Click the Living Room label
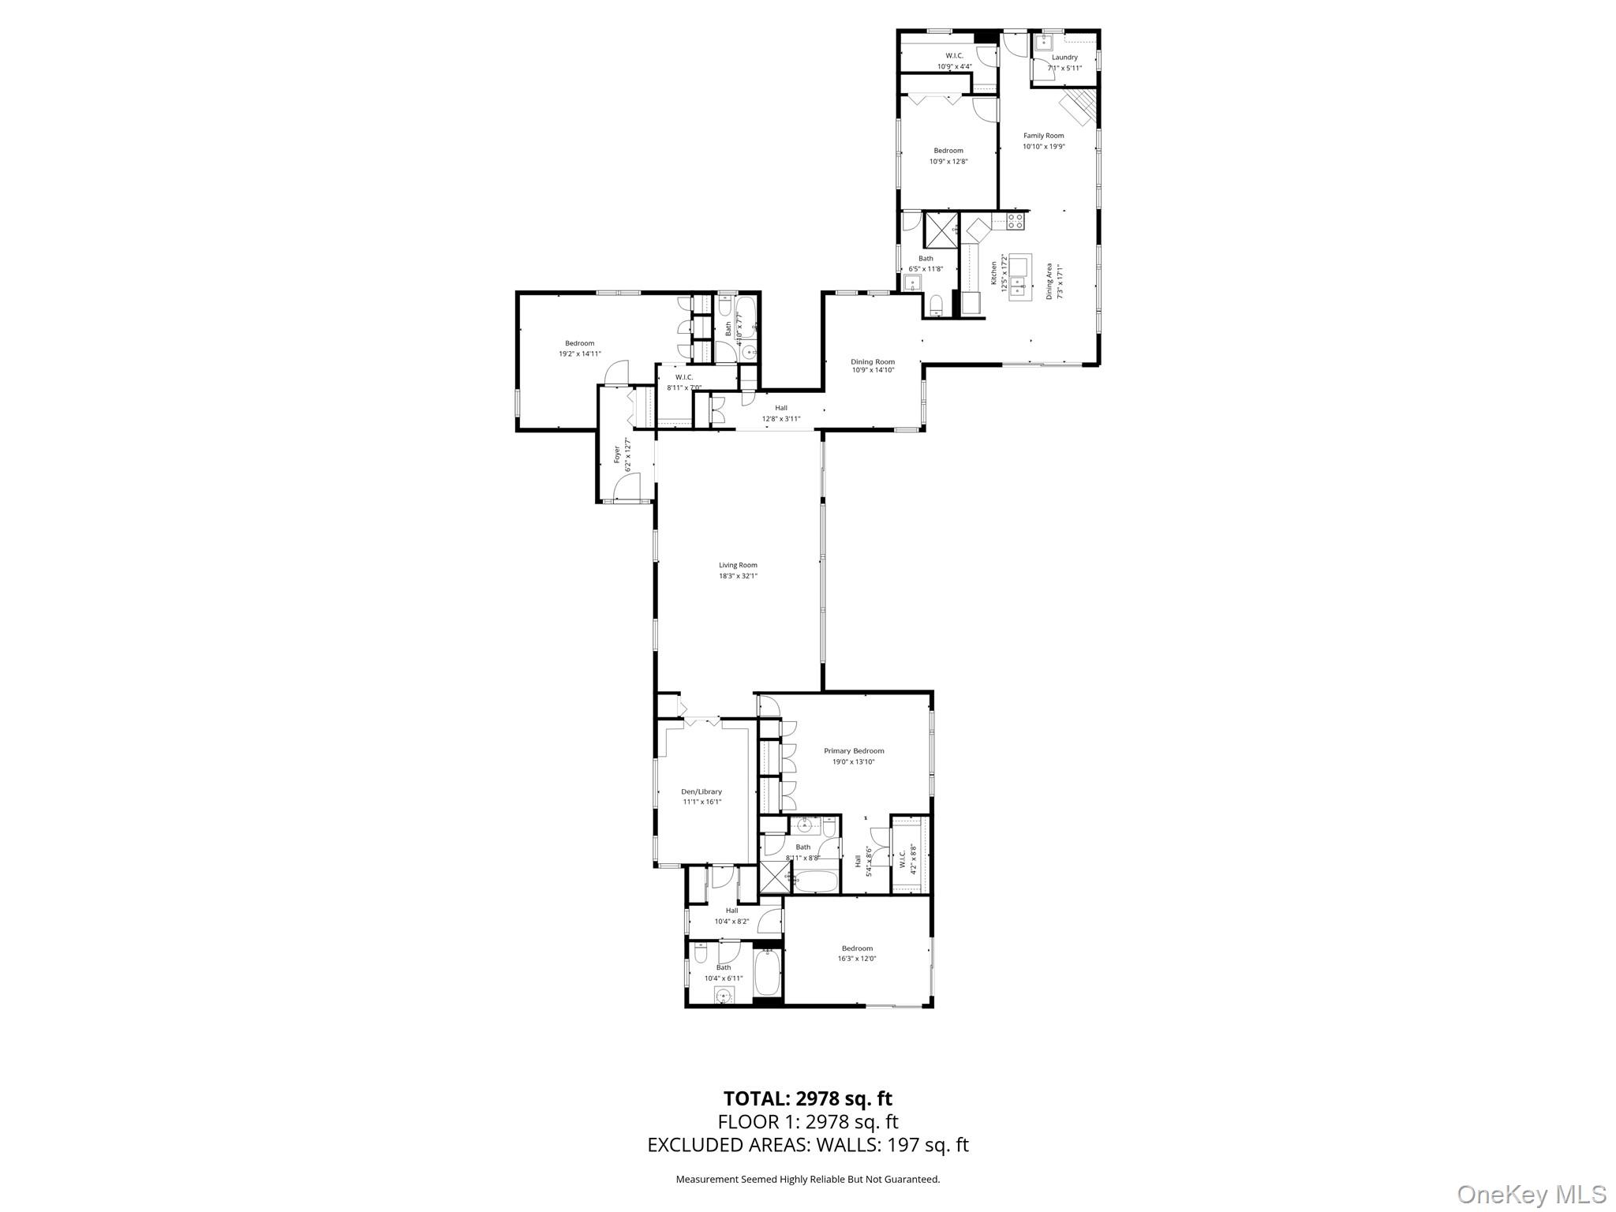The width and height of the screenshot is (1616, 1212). point(738,565)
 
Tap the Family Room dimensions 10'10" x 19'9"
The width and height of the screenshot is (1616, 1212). point(1044,147)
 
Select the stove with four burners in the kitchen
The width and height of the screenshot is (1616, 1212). point(1015,222)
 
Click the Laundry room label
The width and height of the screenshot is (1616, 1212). point(1064,58)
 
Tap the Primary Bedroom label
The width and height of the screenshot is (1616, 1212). point(854,751)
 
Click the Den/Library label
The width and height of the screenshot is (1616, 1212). point(701,791)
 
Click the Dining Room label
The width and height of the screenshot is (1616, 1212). point(873,362)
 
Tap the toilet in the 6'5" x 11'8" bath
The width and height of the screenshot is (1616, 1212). point(937,304)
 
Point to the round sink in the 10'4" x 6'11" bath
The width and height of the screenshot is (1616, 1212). point(723,997)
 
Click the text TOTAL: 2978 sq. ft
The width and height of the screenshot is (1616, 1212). point(808,1098)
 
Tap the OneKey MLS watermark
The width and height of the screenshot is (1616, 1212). point(1531,1194)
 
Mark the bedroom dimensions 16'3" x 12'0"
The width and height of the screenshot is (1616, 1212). point(857,959)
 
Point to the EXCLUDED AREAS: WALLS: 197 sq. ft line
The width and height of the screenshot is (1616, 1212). point(808,1145)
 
